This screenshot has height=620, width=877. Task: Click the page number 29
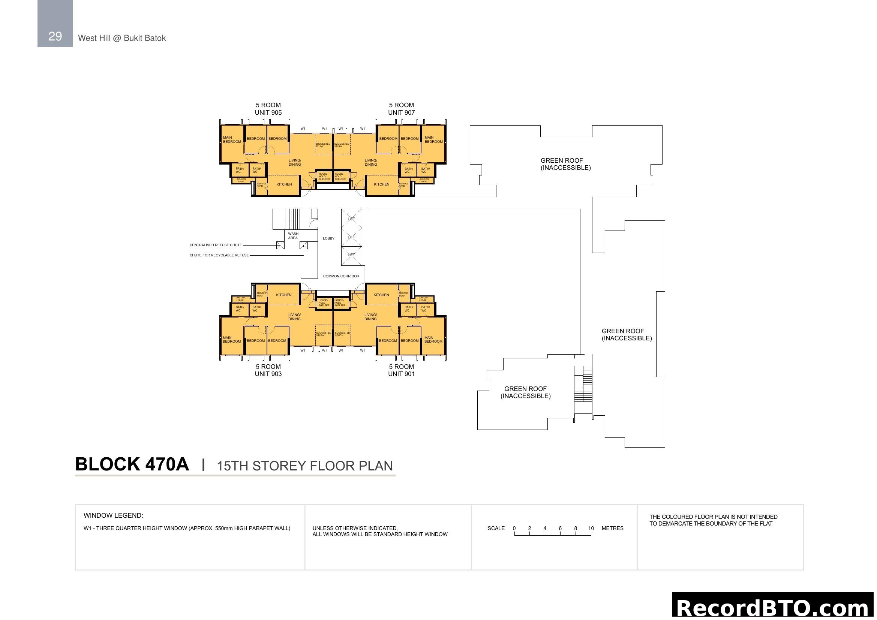pyautogui.click(x=55, y=36)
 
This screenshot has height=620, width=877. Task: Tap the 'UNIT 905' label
pyautogui.click(x=268, y=112)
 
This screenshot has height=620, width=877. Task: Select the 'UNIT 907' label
pyautogui.click(x=401, y=112)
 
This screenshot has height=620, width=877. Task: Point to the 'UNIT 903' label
pyautogui.click(x=268, y=374)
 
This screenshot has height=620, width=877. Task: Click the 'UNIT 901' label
pyautogui.click(x=401, y=374)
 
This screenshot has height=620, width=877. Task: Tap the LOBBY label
pyautogui.click(x=328, y=238)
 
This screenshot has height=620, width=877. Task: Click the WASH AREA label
pyautogui.click(x=293, y=236)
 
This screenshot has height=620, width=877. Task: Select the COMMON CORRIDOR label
pyautogui.click(x=341, y=276)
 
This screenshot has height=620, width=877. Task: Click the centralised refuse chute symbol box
pyautogui.click(x=280, y=245)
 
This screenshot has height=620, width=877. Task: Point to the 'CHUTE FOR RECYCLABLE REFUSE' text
pyautogui.click(x=219, y=255)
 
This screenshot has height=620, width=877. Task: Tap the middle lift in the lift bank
pyautogui.click(x=351, y=237)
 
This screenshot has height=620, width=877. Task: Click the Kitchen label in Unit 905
pyautogui.click(x=284, y=184)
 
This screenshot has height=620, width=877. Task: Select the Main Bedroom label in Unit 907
pyautogui.click(x=433, y=140)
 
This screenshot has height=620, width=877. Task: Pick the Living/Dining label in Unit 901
pyautogui.click(x=370, y=317)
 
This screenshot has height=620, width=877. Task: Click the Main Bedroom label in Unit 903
pyautogui.click(x=232, y=339)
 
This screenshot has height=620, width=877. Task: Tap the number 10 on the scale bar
pyautogui.click(x=591, y=529)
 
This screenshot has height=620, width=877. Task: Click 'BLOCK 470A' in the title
pyautogui.click(x=132, y=464)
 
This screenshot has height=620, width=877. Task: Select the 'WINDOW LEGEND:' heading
pyautogui.click(x=114, y=515)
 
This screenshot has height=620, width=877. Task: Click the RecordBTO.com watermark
pyautogui.click(x=774, y=608)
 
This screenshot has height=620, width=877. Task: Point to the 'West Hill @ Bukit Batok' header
pyautogui.click(x=122, y=38)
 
